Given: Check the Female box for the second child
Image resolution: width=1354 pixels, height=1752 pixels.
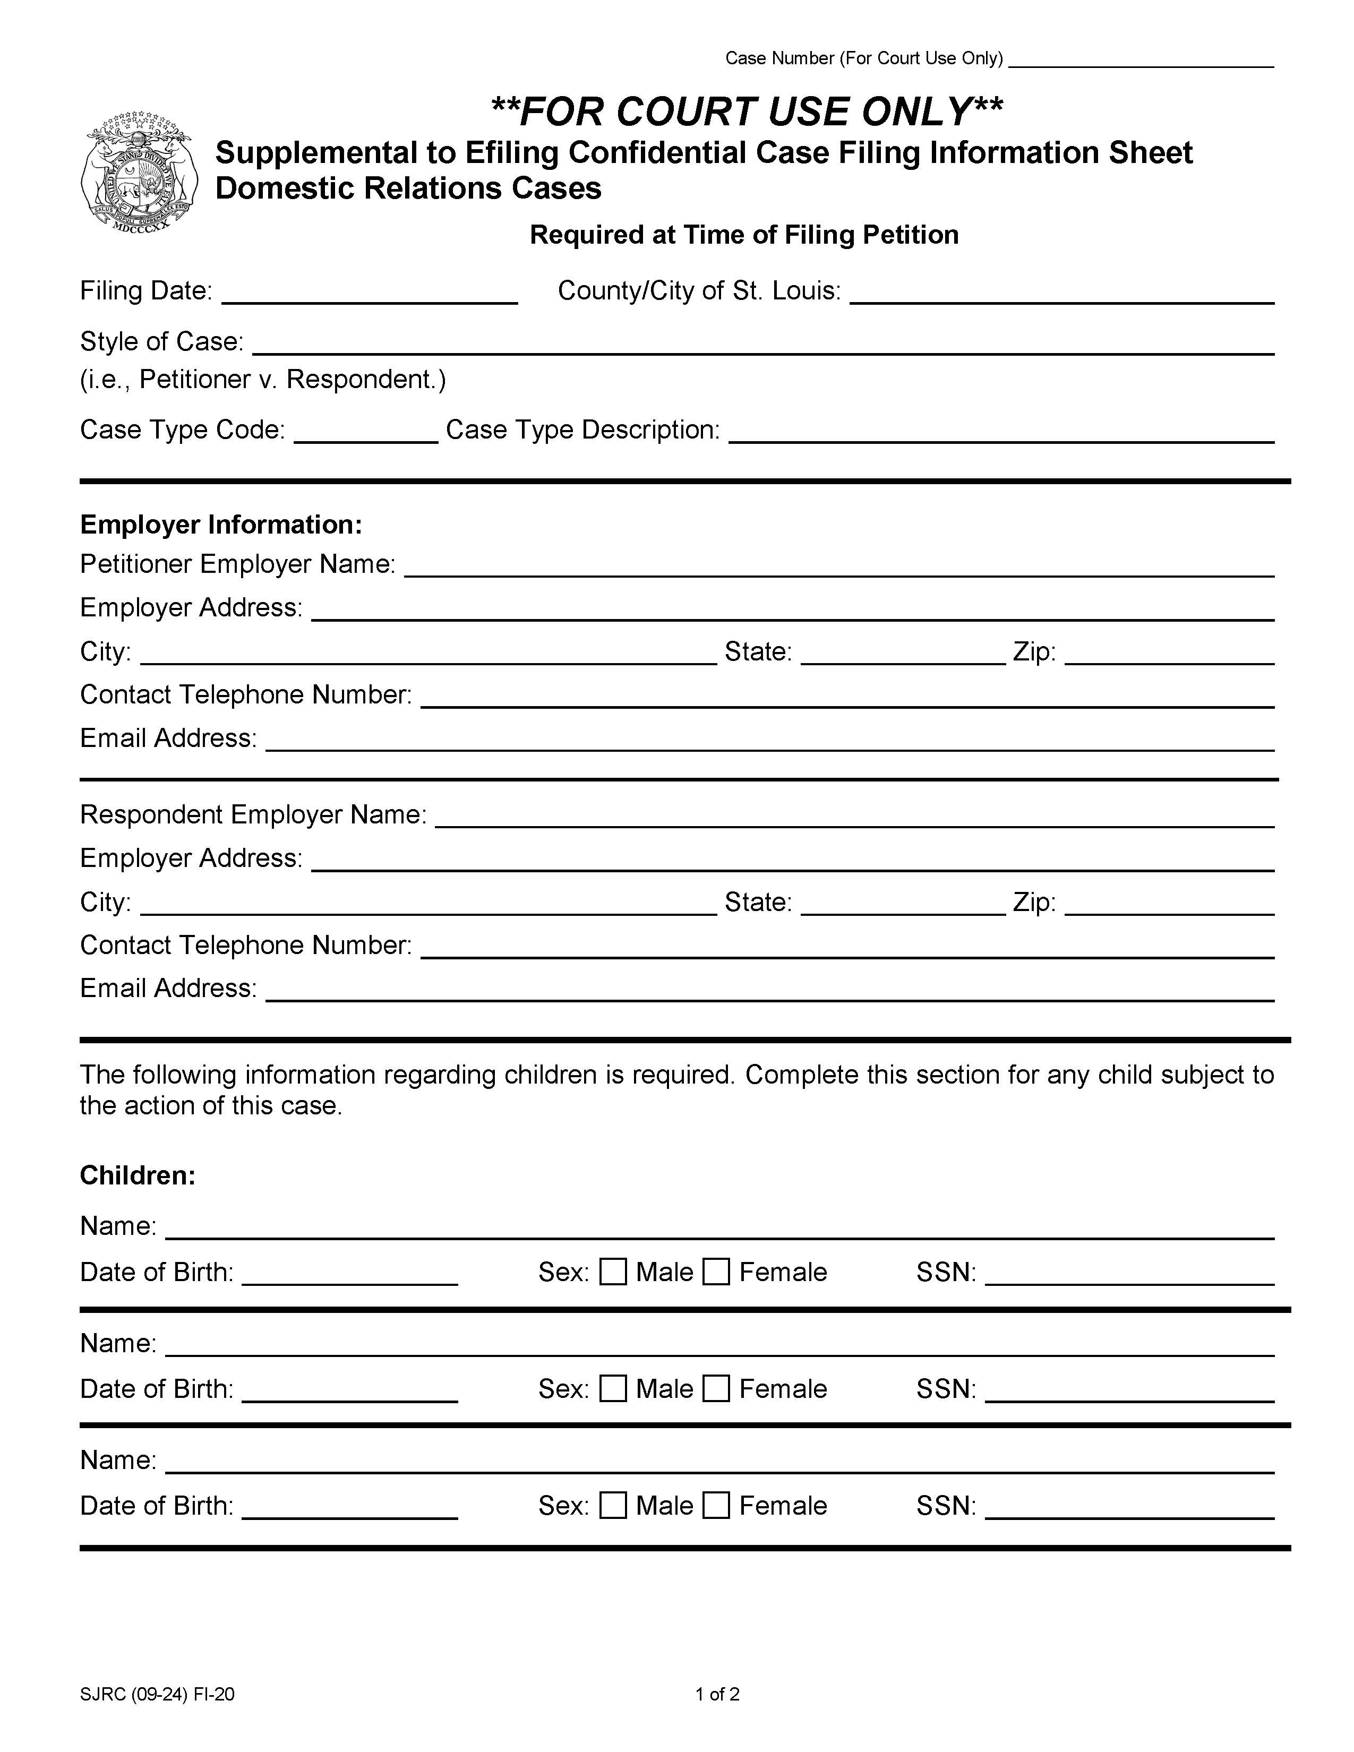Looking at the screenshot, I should (716, 1389).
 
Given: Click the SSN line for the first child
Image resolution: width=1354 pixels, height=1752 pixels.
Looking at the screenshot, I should (1129, 1274).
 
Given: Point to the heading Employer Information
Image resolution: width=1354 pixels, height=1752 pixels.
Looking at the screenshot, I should (220, 525).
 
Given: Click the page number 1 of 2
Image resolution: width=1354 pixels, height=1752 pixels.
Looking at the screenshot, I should (717, 1694).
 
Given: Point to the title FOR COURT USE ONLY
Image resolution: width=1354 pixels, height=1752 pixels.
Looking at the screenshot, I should (746, 111).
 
